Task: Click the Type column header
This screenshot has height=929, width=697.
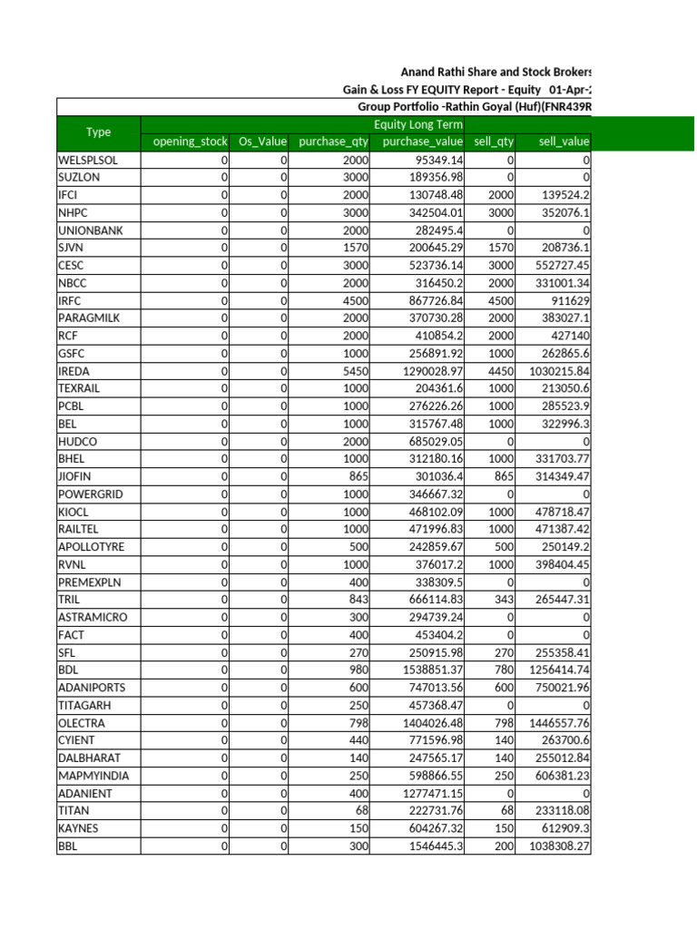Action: coord(98,132)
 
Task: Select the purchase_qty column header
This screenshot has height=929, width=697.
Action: coord(333,142)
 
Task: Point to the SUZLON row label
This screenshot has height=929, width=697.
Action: coord(79,177)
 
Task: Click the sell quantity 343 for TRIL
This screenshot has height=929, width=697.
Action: coord(503,600)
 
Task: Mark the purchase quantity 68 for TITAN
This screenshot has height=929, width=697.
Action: coord(361,811)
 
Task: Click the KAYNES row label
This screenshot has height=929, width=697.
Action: coord(78,828)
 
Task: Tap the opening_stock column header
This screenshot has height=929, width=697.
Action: coord(185,142)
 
